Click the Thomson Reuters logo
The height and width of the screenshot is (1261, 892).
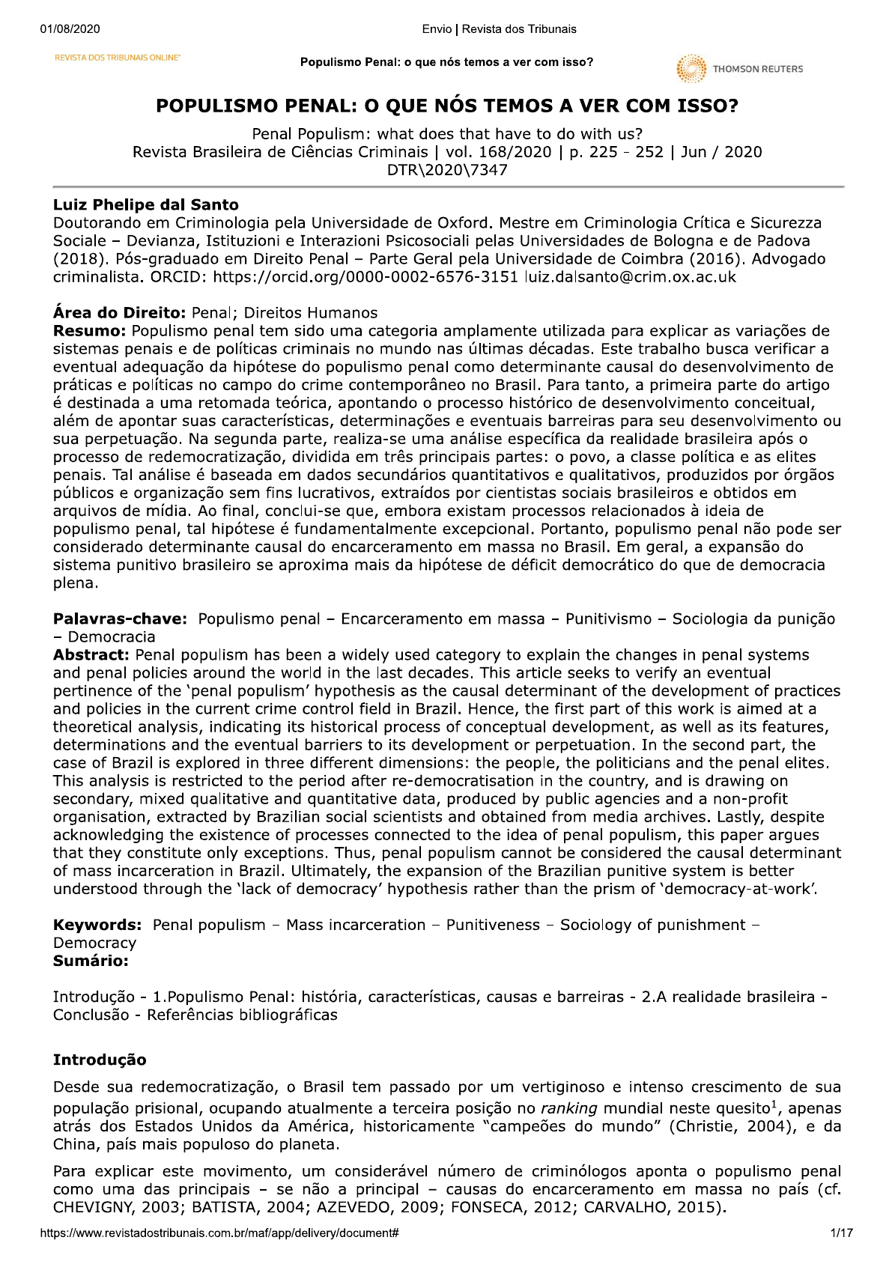(x=738, y=69)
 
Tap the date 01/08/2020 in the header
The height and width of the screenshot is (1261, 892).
(x=70, y=29)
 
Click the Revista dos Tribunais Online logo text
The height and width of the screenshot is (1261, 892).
(x=118, y=57)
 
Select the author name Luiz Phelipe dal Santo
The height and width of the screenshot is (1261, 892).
(x=145, y=204)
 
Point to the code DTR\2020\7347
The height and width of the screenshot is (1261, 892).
(x=447, y=170)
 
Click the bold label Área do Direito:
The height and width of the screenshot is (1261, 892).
(x=120, y=313)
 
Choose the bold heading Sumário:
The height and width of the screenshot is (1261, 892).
(x=91, y=961)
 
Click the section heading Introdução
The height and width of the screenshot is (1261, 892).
(x=100, y=1060)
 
